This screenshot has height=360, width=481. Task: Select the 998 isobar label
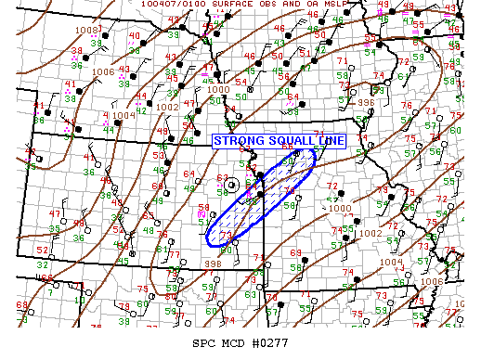click(212, 264)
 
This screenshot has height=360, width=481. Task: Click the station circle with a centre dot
click(232, 185)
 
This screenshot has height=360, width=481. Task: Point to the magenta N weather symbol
click(203, 212)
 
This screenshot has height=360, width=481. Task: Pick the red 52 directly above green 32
click(43, 251)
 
